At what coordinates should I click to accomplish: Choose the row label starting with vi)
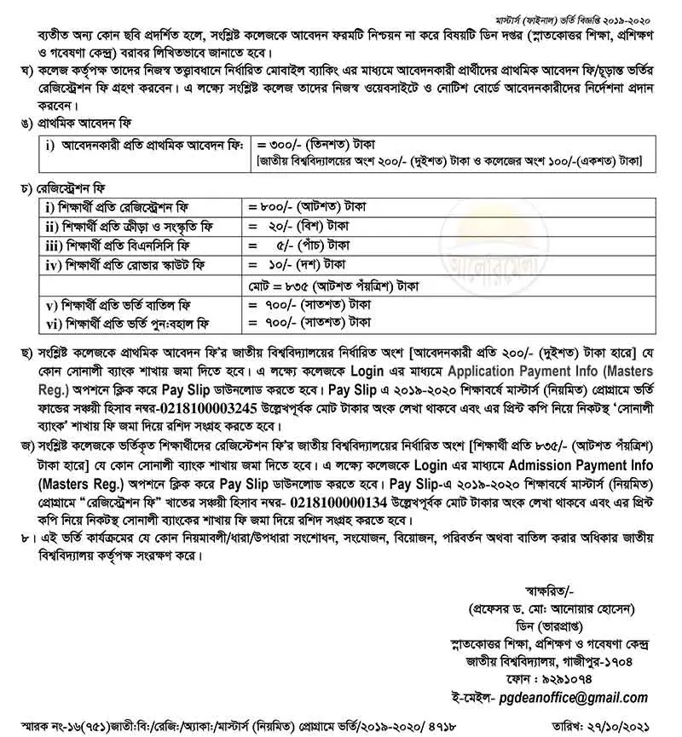point(124,323)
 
